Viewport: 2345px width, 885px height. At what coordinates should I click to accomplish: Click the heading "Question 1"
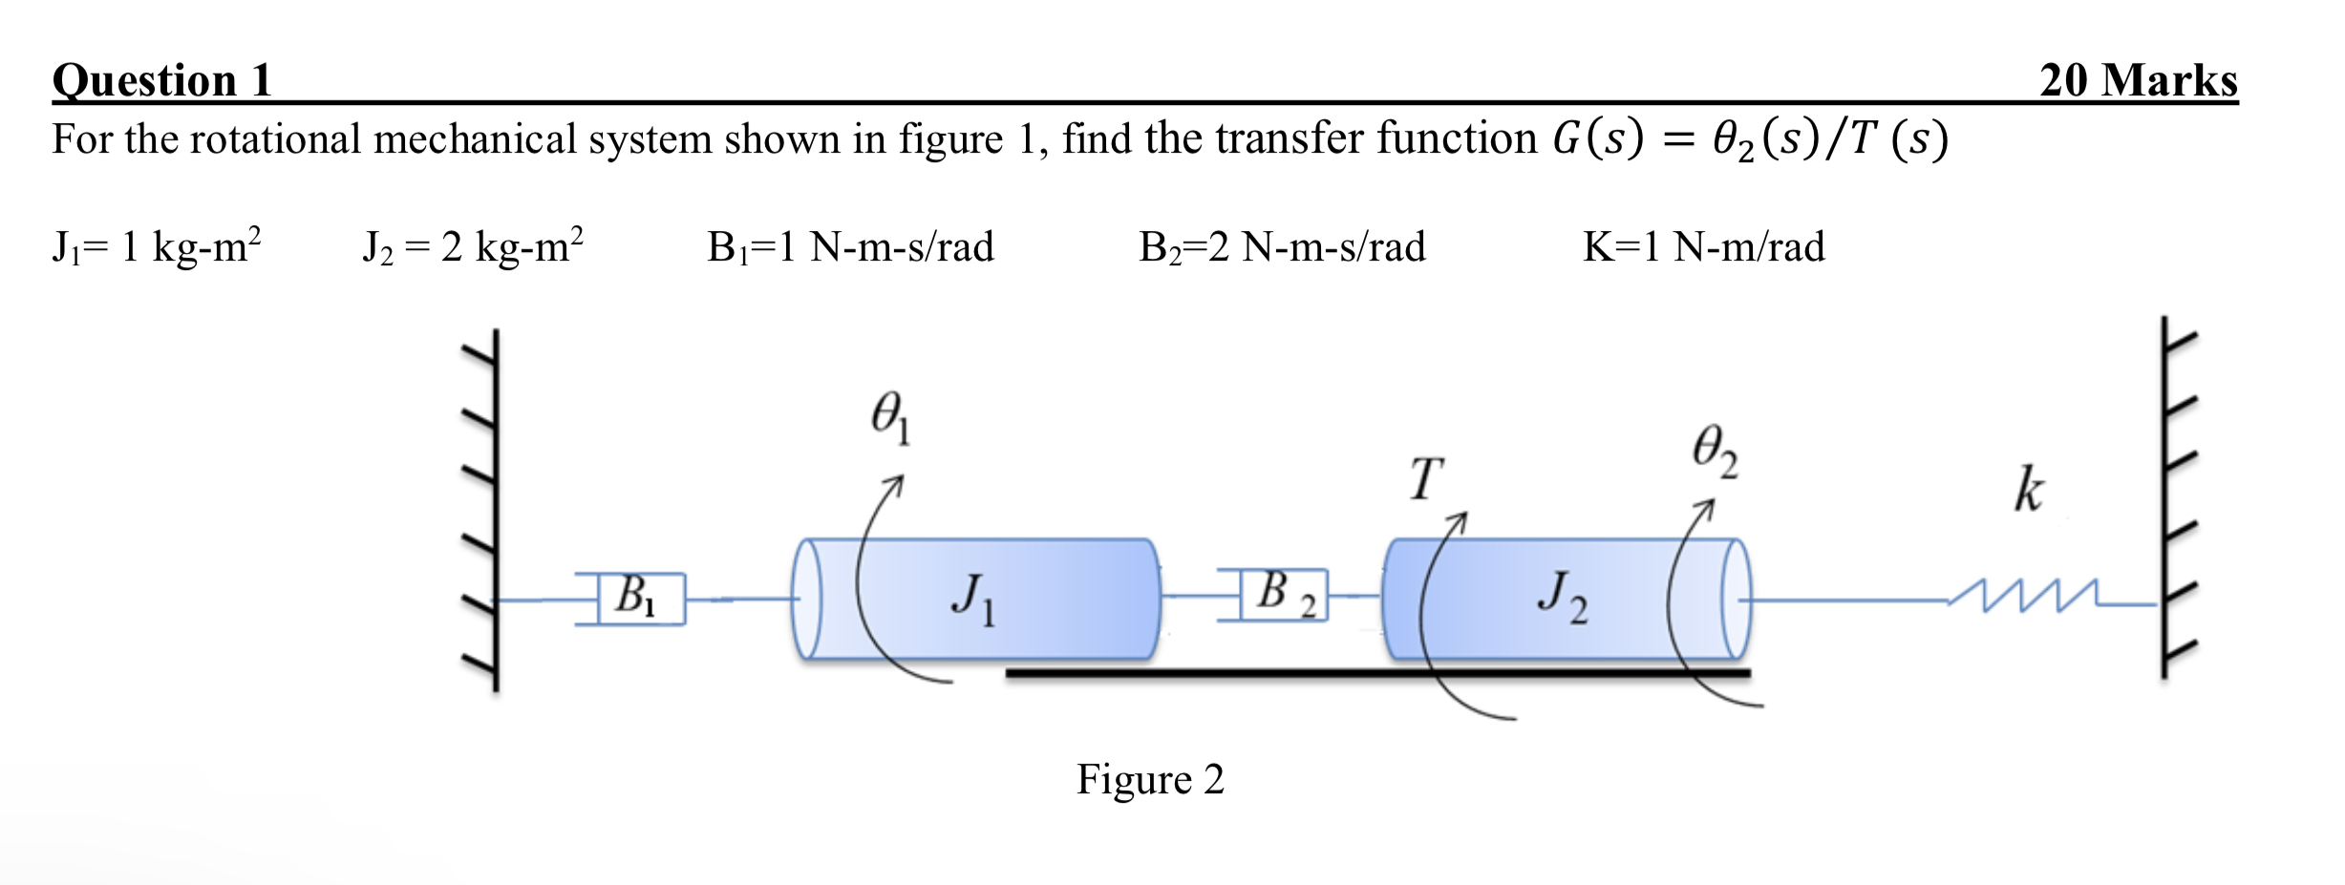pos(162,80)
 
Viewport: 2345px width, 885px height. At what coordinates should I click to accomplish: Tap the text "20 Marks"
pos(2138,80)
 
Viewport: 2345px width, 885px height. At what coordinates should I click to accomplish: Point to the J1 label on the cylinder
pos(973,599)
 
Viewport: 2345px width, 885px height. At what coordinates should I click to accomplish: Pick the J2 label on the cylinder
pos(1563,597)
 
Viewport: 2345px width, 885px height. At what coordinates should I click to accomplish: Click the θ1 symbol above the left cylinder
pos(890,417)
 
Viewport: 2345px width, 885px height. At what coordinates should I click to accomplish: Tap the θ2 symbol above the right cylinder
pos(1715,451)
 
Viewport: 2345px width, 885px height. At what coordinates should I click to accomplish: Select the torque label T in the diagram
pos(1426,479)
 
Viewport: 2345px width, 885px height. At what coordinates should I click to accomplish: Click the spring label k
pos(2028,491)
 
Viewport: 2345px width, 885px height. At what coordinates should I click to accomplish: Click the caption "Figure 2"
pos(1149,780)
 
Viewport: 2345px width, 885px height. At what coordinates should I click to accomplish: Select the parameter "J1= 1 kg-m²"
pos(156,247)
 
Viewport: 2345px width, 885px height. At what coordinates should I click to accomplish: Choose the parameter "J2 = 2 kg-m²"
pos(473,247)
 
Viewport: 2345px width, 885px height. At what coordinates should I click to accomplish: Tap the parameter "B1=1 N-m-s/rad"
pos(850,247)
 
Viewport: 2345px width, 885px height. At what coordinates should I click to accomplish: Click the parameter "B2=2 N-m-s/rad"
pos(1282,247)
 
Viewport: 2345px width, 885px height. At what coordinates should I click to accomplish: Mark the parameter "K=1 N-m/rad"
pos(1703,247)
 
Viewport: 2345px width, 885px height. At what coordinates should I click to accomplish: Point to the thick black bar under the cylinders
pos(1376,673)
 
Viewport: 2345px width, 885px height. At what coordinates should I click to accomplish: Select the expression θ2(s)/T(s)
pos(1829,139)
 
